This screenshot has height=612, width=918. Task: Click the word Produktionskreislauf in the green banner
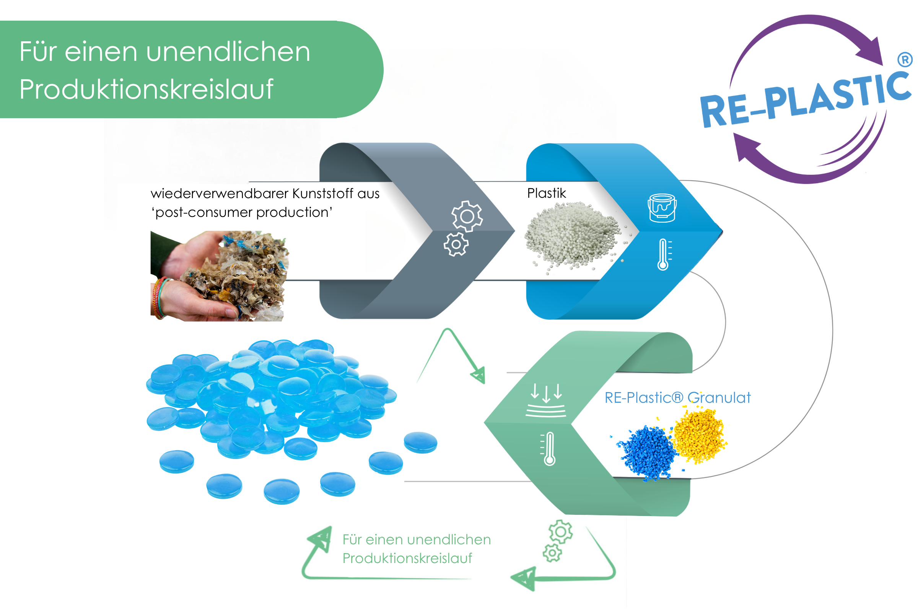146,89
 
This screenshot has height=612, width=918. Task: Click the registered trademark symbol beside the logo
905,60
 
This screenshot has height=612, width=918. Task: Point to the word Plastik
547,193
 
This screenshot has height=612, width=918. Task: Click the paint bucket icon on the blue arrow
662,208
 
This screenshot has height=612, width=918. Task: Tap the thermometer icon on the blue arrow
664,254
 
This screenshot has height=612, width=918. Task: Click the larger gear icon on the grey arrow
467,216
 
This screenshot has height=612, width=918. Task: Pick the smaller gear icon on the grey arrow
456,245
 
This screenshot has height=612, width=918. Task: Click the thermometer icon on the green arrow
549,449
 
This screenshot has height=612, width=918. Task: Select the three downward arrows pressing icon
546,400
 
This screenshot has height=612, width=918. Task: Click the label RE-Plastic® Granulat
677,398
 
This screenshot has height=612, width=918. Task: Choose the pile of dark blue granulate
646,453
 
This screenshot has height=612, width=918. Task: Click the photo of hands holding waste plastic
220,276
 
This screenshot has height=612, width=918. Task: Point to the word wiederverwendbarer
220,194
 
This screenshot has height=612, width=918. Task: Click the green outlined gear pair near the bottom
558,540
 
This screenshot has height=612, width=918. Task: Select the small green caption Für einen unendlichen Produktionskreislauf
417,549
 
